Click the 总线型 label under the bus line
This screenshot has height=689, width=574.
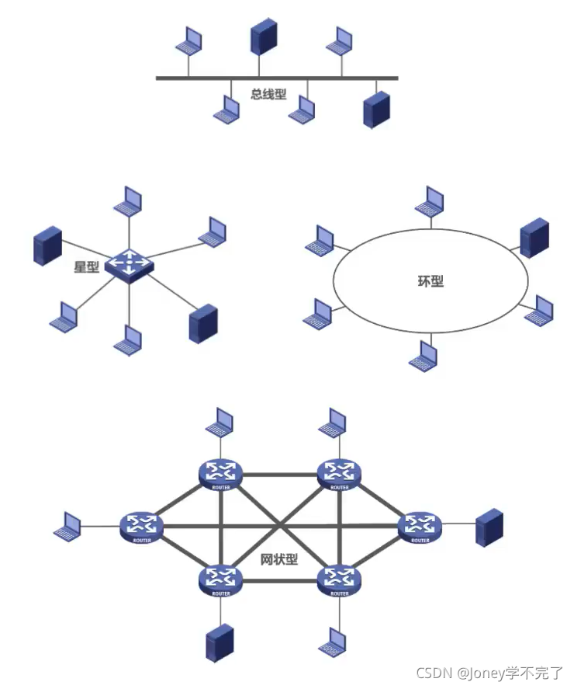click(268, 95)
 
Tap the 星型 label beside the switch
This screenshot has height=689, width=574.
click(86, 266)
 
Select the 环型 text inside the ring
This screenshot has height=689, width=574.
click(430, 280)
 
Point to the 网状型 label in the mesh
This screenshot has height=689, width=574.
click(279, 559)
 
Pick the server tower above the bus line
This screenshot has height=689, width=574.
click(264, 37)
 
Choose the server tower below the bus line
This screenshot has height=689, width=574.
click(376, 110)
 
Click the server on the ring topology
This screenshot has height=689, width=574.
click(534, 237)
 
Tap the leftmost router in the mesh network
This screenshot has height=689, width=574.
click(142, 527)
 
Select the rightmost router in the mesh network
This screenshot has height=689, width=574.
click(420, 527)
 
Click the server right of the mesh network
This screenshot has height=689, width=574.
click(489, 527)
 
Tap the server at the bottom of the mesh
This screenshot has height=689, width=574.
click(220, 643)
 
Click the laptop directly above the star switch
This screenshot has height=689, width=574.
click(128, 200)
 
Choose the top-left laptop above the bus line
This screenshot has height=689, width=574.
click(188, 40)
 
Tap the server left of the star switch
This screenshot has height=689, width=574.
click(47, 245)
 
